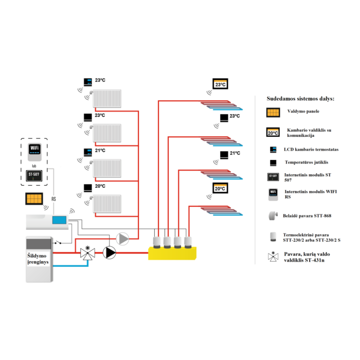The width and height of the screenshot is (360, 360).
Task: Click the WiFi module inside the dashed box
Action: pyautogui.click(x=34, y=152)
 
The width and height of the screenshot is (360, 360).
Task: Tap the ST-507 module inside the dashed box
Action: pyautogui.click(x=34, y=176)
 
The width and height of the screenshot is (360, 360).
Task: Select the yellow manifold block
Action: pyautogui.click(x=172, y=253)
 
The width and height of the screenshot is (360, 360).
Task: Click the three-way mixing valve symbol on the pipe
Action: pyautogui.click(x=88, y=253)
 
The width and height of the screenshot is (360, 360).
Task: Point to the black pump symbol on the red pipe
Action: pyautogui.click(x=109, y=253)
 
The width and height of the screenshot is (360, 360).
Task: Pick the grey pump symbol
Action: pyautogui.click(x=122, y=239)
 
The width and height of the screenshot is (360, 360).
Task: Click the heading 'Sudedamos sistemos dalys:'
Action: pyautogui.click(x=300, y=99)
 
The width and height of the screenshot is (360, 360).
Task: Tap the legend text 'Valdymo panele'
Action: pyautogui.click(x=303, y=112)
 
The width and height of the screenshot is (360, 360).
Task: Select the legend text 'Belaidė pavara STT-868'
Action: pyautogui.click(x=307, y=216)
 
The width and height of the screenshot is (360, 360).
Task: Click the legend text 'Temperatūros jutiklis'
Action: pyautogui.click(x=307, y=163)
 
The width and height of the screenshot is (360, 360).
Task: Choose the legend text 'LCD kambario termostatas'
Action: pyautogui.click(x=311, y=150)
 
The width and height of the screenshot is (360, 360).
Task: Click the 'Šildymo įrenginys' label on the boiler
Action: pyautogui.click(x=38, y=259)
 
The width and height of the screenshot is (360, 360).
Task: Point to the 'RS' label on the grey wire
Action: pyautogui.click(x=53, y=199)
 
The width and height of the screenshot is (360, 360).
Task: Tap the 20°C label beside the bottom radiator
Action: pyautogui.click(x=100, y=186)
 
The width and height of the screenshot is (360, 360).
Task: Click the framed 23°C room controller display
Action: pyautogui.click(x=221, y=84)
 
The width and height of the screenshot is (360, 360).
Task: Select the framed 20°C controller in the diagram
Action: pyautogui.click(x=220, y=188)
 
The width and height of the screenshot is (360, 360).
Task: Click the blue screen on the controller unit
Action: pyautogui.click(x=59, y=220)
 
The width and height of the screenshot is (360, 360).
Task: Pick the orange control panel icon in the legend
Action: pyautogui.click(x=273, y=113)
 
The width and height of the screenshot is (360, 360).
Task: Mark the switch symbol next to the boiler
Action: pyautogui.click(x=58, y=242)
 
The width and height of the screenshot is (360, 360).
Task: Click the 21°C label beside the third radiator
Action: pyautogui.click(x=100, y=151)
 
